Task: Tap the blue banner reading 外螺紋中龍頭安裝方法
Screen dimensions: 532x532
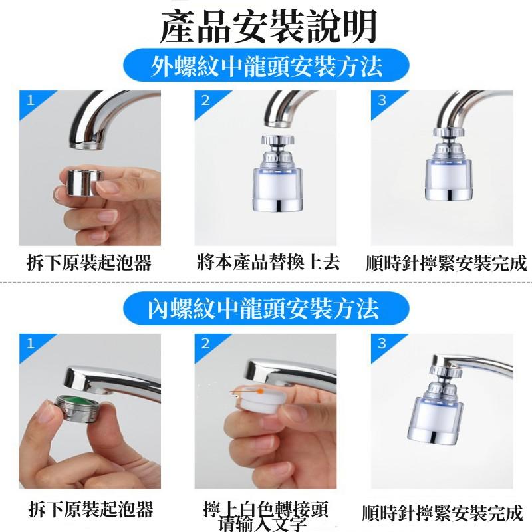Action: [x=266, y=68]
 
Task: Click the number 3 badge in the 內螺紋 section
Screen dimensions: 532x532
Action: [x=382, y=344]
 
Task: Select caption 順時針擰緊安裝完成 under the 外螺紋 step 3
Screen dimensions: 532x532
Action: [x=446, y=263]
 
